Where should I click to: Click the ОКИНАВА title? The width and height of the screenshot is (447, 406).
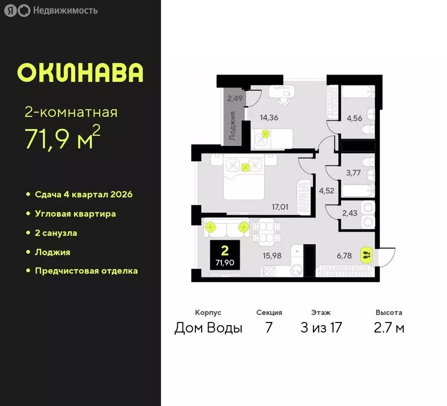pos(80,73)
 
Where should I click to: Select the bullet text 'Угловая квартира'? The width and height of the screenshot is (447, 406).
pos(75,214)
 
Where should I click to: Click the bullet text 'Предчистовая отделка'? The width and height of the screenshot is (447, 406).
pos(86,271)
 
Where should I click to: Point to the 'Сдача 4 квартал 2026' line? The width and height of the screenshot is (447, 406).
pos(83,195)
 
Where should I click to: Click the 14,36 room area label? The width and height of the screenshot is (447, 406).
pos(269,117)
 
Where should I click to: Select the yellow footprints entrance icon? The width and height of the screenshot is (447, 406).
pos(366,255)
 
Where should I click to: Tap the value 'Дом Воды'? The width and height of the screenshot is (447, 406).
pos(208,328)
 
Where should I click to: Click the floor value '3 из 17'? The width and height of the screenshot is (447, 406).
pos(321,328)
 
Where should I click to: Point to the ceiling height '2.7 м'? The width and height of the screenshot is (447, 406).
pos(389,328)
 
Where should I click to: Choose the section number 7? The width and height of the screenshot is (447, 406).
pos(269,328)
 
